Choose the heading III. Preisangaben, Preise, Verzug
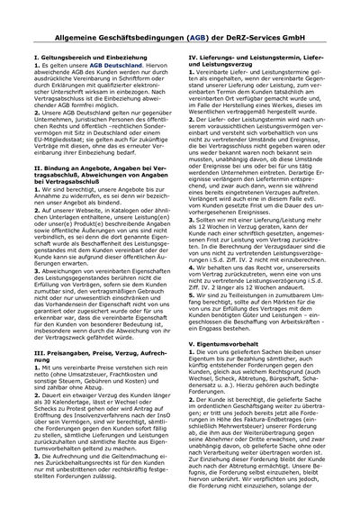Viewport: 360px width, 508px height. [93, 330]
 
